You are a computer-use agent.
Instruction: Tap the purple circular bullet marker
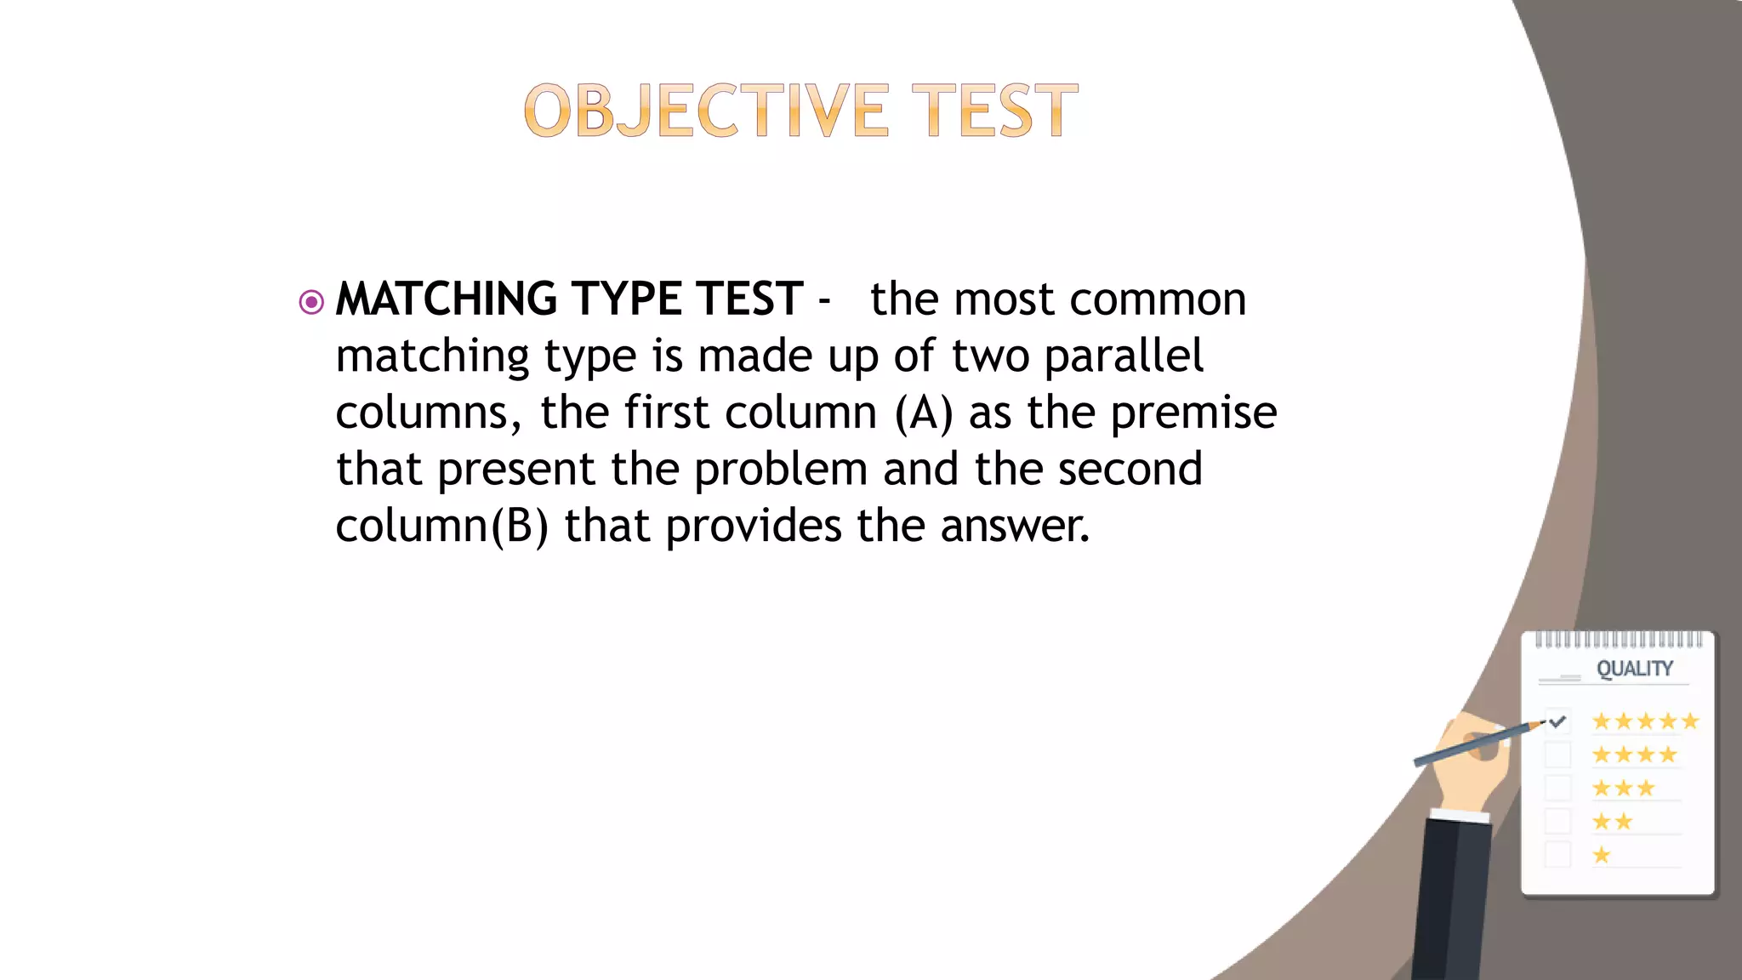pyautogui.click(x=312, y=302)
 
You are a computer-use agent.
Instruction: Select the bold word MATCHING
pyautogui.click(x=447, y=299)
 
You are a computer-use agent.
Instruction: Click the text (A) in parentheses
pyautogui.click(x=924, y=413)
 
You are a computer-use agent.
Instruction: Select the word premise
pyautogui.click(x=1193, y=413)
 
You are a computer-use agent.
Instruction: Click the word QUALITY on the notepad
pyautogui.click(x=1634, y=669)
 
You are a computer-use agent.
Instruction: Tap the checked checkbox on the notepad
pyautogui.click(x=1557, y=722)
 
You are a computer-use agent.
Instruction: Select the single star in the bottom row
pyautogui.click(x=1602, y=855)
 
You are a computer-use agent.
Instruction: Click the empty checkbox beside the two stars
pyautogui.click(x=1557, y=822)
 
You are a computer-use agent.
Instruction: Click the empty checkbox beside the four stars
pyautogui.click(x=1557, y=755)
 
